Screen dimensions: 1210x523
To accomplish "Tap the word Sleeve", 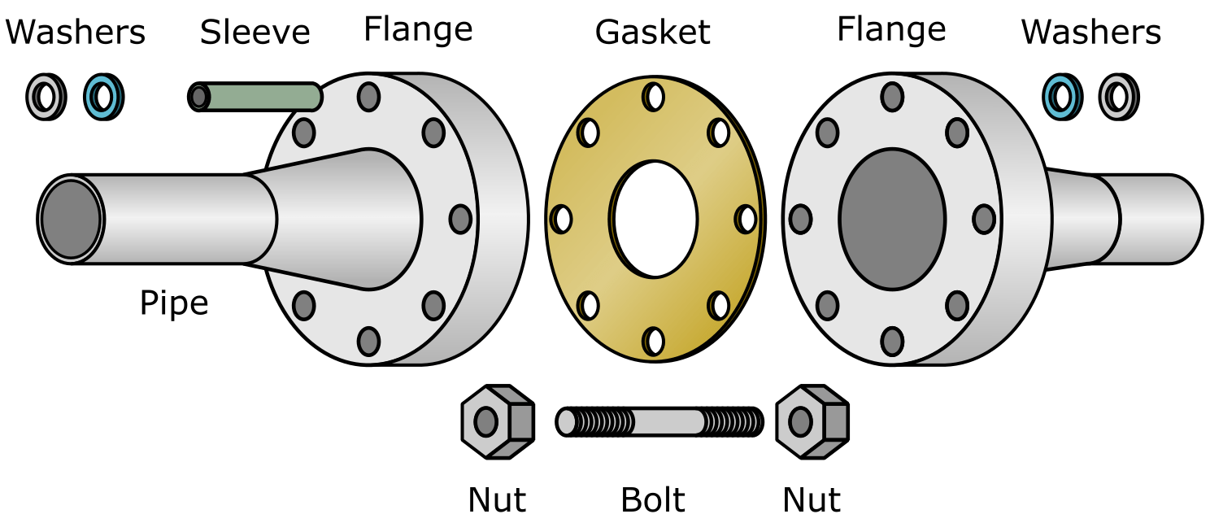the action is coord(255,33).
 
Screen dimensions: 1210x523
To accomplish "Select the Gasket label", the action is coord(652,33).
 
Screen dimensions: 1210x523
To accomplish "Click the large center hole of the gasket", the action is coord(655,218).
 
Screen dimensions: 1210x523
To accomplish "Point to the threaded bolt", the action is coord(659,421).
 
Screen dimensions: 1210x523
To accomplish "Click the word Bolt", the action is coord(652,499).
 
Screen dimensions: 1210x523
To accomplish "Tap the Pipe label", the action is coord(174,303).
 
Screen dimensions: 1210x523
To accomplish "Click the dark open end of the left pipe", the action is coord(72,219).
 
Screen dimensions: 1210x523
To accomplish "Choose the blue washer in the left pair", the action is coord(103,97).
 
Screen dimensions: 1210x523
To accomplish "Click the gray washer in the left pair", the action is coord(46,97).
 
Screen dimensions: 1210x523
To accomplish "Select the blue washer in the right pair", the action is coord(1062,97).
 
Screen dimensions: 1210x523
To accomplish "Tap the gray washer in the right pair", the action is coord(1119,97).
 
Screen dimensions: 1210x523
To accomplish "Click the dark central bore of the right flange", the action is coord(892,218).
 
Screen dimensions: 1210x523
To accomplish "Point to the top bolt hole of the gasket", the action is coord(654,97).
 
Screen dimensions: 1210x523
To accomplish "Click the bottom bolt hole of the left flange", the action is coord(368,341).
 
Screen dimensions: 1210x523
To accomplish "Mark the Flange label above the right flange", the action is coord(891,30).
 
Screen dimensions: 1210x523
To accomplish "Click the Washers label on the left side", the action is coord(76,33).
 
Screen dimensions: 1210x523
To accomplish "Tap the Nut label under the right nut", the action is coord(812,499).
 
